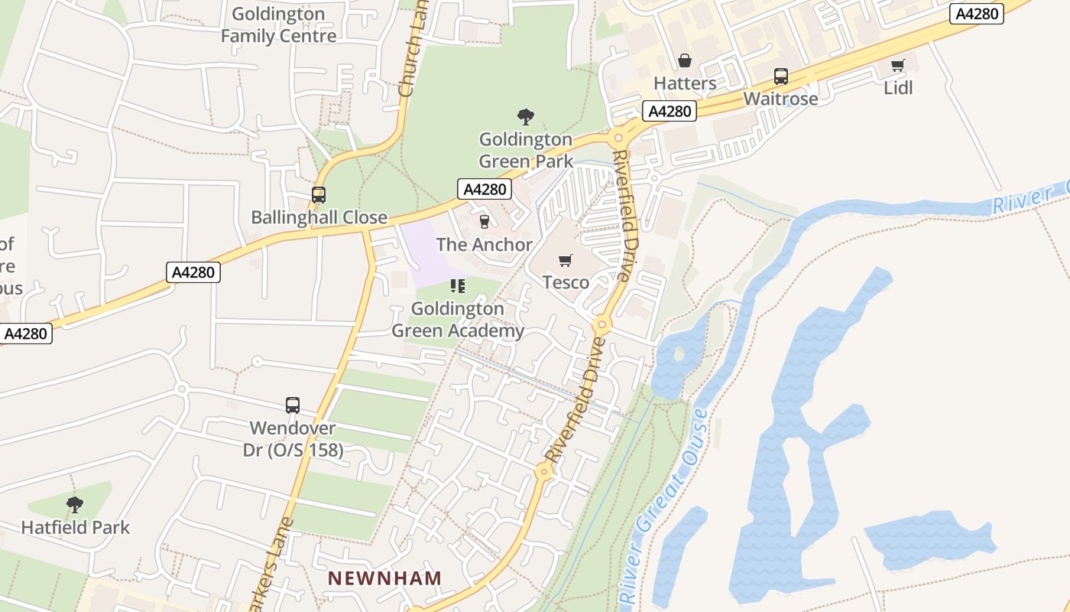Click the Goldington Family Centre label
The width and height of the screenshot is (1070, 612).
coord(278,25)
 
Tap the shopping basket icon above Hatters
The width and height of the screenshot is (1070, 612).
coord(684,60)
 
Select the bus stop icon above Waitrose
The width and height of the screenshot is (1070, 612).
coord(780,76)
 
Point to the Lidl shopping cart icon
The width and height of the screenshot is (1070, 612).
coord(898,65)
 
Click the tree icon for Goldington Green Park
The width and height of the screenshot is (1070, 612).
coord(525,117)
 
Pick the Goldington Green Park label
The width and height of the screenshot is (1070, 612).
coord(526,150)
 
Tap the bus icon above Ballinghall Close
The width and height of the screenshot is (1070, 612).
coord(319,195)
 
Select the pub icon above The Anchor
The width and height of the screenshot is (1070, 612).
coord(484,222)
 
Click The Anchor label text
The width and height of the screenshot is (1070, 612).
coord(484,245)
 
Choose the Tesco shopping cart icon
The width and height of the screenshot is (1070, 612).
coord(566,261)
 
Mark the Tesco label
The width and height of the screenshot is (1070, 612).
coord(566,282)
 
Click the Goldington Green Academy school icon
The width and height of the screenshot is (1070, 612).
coord(458,286)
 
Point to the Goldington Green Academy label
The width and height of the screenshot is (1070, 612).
coord(458,320)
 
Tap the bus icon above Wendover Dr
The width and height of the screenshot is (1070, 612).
coord(293,405)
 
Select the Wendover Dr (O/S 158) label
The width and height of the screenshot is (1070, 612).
coord(293,438)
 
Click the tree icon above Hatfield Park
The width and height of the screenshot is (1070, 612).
coord(74,505)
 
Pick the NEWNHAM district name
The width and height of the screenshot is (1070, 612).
coord(385,578)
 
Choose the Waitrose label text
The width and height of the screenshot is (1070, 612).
coord(780,99)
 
